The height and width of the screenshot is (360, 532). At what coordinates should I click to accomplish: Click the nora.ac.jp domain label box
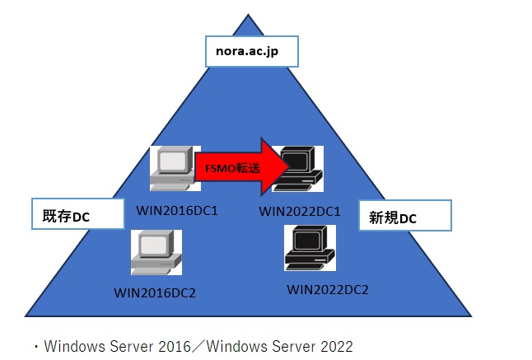250,52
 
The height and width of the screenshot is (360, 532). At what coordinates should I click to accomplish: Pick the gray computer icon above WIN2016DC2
156,252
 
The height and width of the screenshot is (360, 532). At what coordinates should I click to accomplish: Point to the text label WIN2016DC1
178,210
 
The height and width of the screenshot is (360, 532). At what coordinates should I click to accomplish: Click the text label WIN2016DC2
155,292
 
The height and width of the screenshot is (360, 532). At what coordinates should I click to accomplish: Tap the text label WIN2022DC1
300,211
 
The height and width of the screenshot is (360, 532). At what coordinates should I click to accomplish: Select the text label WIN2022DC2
327,289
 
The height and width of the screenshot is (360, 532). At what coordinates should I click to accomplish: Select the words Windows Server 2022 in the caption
279,346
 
